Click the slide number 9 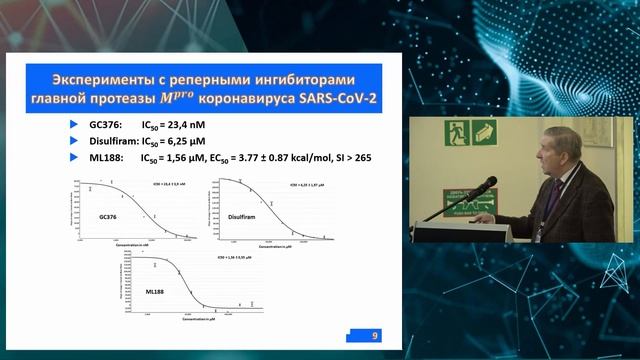tap(374, 336)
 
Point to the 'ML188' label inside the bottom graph tap(152, 292)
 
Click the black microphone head tap(489, 182)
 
